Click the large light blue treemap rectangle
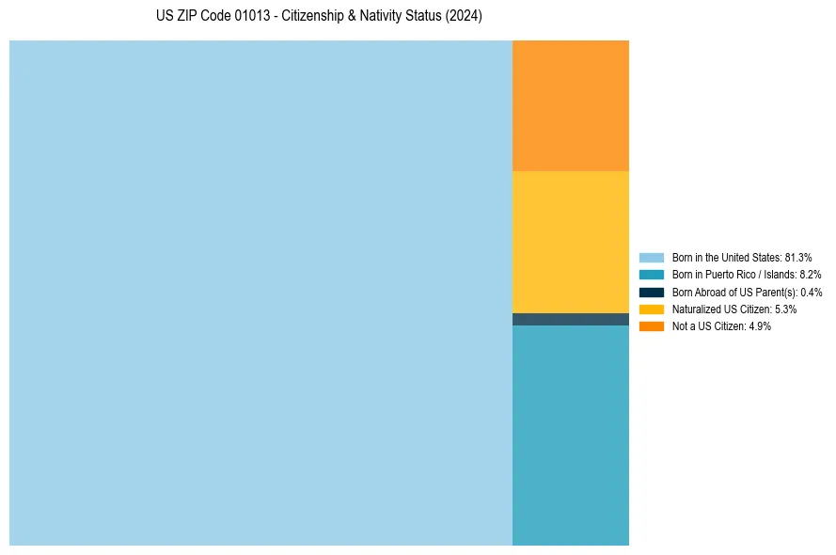[x=260, y=293]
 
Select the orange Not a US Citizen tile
[x=570, y=105]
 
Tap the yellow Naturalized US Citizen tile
[x=570, y=242]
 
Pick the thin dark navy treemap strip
[x=570, y=319]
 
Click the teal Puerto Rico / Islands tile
[x=570, y=435]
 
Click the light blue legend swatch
[x=651, y=257]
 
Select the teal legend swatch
[x=651, y=275]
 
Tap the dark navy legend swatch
[x=651, y=292]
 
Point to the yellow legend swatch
[x=651, y=309]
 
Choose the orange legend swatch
[x=651, y=325]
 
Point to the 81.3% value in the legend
[x=797, y=257]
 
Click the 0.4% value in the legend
[x=812, y=292]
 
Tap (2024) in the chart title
[x=464, y=17]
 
